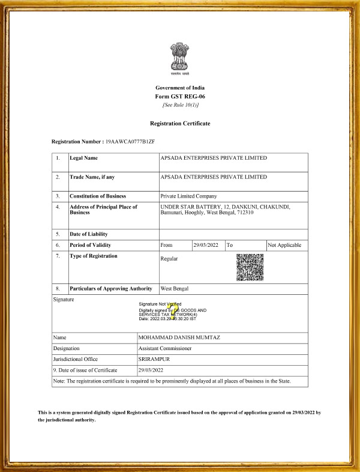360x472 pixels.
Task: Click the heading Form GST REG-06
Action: pos(180,97)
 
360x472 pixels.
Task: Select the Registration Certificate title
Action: pos(180,123)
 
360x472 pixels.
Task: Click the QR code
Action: pos(250,268)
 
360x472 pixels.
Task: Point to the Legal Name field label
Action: pos(83,158)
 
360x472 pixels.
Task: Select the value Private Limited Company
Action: pos(188,196)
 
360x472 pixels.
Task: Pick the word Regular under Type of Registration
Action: pos(169,259)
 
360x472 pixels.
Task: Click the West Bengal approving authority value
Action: pos(175,289)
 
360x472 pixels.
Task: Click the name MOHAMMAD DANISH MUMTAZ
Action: pos(179,337)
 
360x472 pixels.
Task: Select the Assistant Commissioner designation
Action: pos(165,348)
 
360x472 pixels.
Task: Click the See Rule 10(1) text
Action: pos(180,105)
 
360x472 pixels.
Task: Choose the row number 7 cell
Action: pos(58,256)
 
